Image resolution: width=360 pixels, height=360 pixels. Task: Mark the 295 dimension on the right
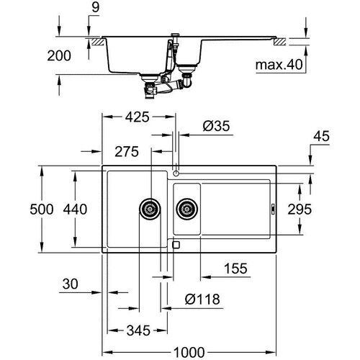coord(320,210)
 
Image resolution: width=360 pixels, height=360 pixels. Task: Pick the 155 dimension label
coord(233,269)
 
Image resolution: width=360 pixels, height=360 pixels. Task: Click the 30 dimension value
coord(69,285)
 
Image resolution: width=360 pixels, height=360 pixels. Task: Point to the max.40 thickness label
coord(278,66)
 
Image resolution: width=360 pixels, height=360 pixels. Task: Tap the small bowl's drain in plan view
coord(186,210)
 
